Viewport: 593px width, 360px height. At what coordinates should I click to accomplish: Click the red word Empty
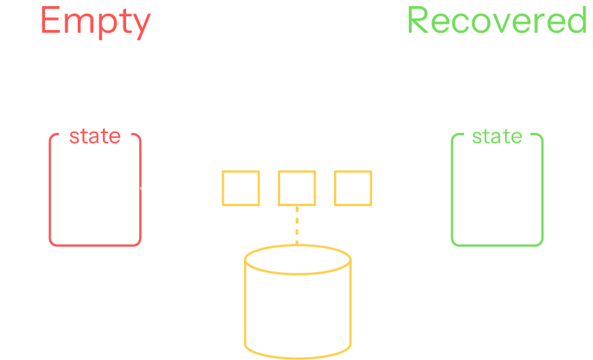95,22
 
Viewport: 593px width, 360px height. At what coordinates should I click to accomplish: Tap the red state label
95,136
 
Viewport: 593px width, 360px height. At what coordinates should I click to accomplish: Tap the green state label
497,136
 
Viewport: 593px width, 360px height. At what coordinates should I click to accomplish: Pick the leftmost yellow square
241,188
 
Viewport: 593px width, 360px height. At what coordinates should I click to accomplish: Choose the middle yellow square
296,188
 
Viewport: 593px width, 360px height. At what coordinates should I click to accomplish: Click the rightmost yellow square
353,188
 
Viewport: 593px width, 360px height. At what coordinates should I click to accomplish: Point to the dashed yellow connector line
296,225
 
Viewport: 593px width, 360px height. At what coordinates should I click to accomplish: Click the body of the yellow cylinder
297,310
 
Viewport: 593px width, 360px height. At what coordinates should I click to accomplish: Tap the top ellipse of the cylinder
297,260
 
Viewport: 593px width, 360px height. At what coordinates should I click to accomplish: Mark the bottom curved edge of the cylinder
297,357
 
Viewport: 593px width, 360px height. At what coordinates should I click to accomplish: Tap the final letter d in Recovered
576,20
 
